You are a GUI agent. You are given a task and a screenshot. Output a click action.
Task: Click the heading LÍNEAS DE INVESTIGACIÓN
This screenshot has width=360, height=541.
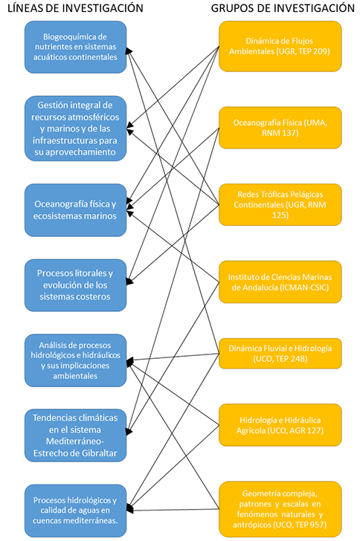click(75, 8)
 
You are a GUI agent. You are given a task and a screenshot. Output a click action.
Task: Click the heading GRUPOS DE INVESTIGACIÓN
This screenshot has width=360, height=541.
click(283, 8)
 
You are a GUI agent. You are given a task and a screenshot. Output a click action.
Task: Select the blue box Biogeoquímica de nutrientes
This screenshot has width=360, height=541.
click(75, 47)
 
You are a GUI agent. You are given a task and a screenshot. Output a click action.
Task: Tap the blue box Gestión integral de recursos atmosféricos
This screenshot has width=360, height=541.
click(75, 129)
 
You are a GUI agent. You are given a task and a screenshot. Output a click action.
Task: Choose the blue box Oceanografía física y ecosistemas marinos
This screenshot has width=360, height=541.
click(75, 210)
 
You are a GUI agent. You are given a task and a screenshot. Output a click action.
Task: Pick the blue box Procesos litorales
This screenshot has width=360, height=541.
click(75, 285)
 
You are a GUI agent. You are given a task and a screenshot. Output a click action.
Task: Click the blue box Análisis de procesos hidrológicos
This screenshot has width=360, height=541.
click(75, 360)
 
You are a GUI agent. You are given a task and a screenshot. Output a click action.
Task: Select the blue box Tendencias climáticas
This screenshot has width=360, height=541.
click(75, 435)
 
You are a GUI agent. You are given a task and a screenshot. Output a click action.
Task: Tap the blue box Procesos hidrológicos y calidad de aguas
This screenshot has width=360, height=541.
click(75, 511)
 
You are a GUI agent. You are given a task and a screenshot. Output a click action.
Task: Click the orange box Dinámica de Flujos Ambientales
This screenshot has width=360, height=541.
click(280, 46)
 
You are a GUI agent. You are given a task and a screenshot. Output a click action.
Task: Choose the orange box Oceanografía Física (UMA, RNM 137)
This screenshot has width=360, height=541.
click(280, 128)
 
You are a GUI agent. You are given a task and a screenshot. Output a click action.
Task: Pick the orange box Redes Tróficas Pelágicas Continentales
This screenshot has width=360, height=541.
click(280, 204)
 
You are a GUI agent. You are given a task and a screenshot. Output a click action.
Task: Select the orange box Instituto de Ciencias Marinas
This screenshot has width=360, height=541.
click(280, 282)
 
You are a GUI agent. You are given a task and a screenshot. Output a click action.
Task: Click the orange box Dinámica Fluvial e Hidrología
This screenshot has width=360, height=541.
click(280, 353)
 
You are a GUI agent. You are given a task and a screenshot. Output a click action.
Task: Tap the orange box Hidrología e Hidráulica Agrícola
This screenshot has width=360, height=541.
click(280, 425)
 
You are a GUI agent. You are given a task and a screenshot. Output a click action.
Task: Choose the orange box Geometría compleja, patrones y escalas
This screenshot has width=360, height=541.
click(280, 509)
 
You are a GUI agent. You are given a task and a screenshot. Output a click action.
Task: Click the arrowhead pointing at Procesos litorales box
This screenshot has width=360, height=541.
click(129, 281)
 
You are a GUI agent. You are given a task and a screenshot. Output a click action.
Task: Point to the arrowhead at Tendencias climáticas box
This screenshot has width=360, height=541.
click(129, 431)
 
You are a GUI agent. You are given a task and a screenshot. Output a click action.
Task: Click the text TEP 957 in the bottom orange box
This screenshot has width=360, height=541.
click(312, 525)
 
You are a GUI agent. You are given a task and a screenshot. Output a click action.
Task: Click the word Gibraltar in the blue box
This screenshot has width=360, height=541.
click(97, 453)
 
